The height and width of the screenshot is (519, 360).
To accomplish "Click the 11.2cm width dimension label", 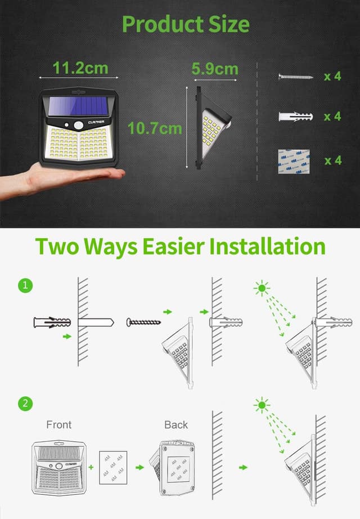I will pyautogui.click(x=80, y=68).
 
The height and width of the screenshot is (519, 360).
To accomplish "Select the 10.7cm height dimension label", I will pyautogui.click(x=155, y=128).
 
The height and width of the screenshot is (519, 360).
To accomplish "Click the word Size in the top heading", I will pyautogui.click(x=218, y=24).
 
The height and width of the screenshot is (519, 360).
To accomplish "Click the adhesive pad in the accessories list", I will pyautogui.click(x=294, y=161).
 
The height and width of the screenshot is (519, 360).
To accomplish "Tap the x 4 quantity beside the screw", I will pyautogui.click(x=332, y=77).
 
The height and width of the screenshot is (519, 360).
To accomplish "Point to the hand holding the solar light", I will pyautogui.click(x=62, y=177).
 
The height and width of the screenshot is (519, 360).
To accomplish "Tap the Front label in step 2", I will pyautogui.click(x=59, y=424).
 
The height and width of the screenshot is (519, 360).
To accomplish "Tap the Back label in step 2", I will pyautogui.click(x=176, y=424).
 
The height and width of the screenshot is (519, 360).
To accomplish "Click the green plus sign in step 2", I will pyautogui.click(x=92, y=467).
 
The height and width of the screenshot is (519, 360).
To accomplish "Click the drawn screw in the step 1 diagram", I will pyautogui.click(x=143, y=322).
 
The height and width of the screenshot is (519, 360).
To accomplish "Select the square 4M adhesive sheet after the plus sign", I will pyautogui.click(x=113, y=467).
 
